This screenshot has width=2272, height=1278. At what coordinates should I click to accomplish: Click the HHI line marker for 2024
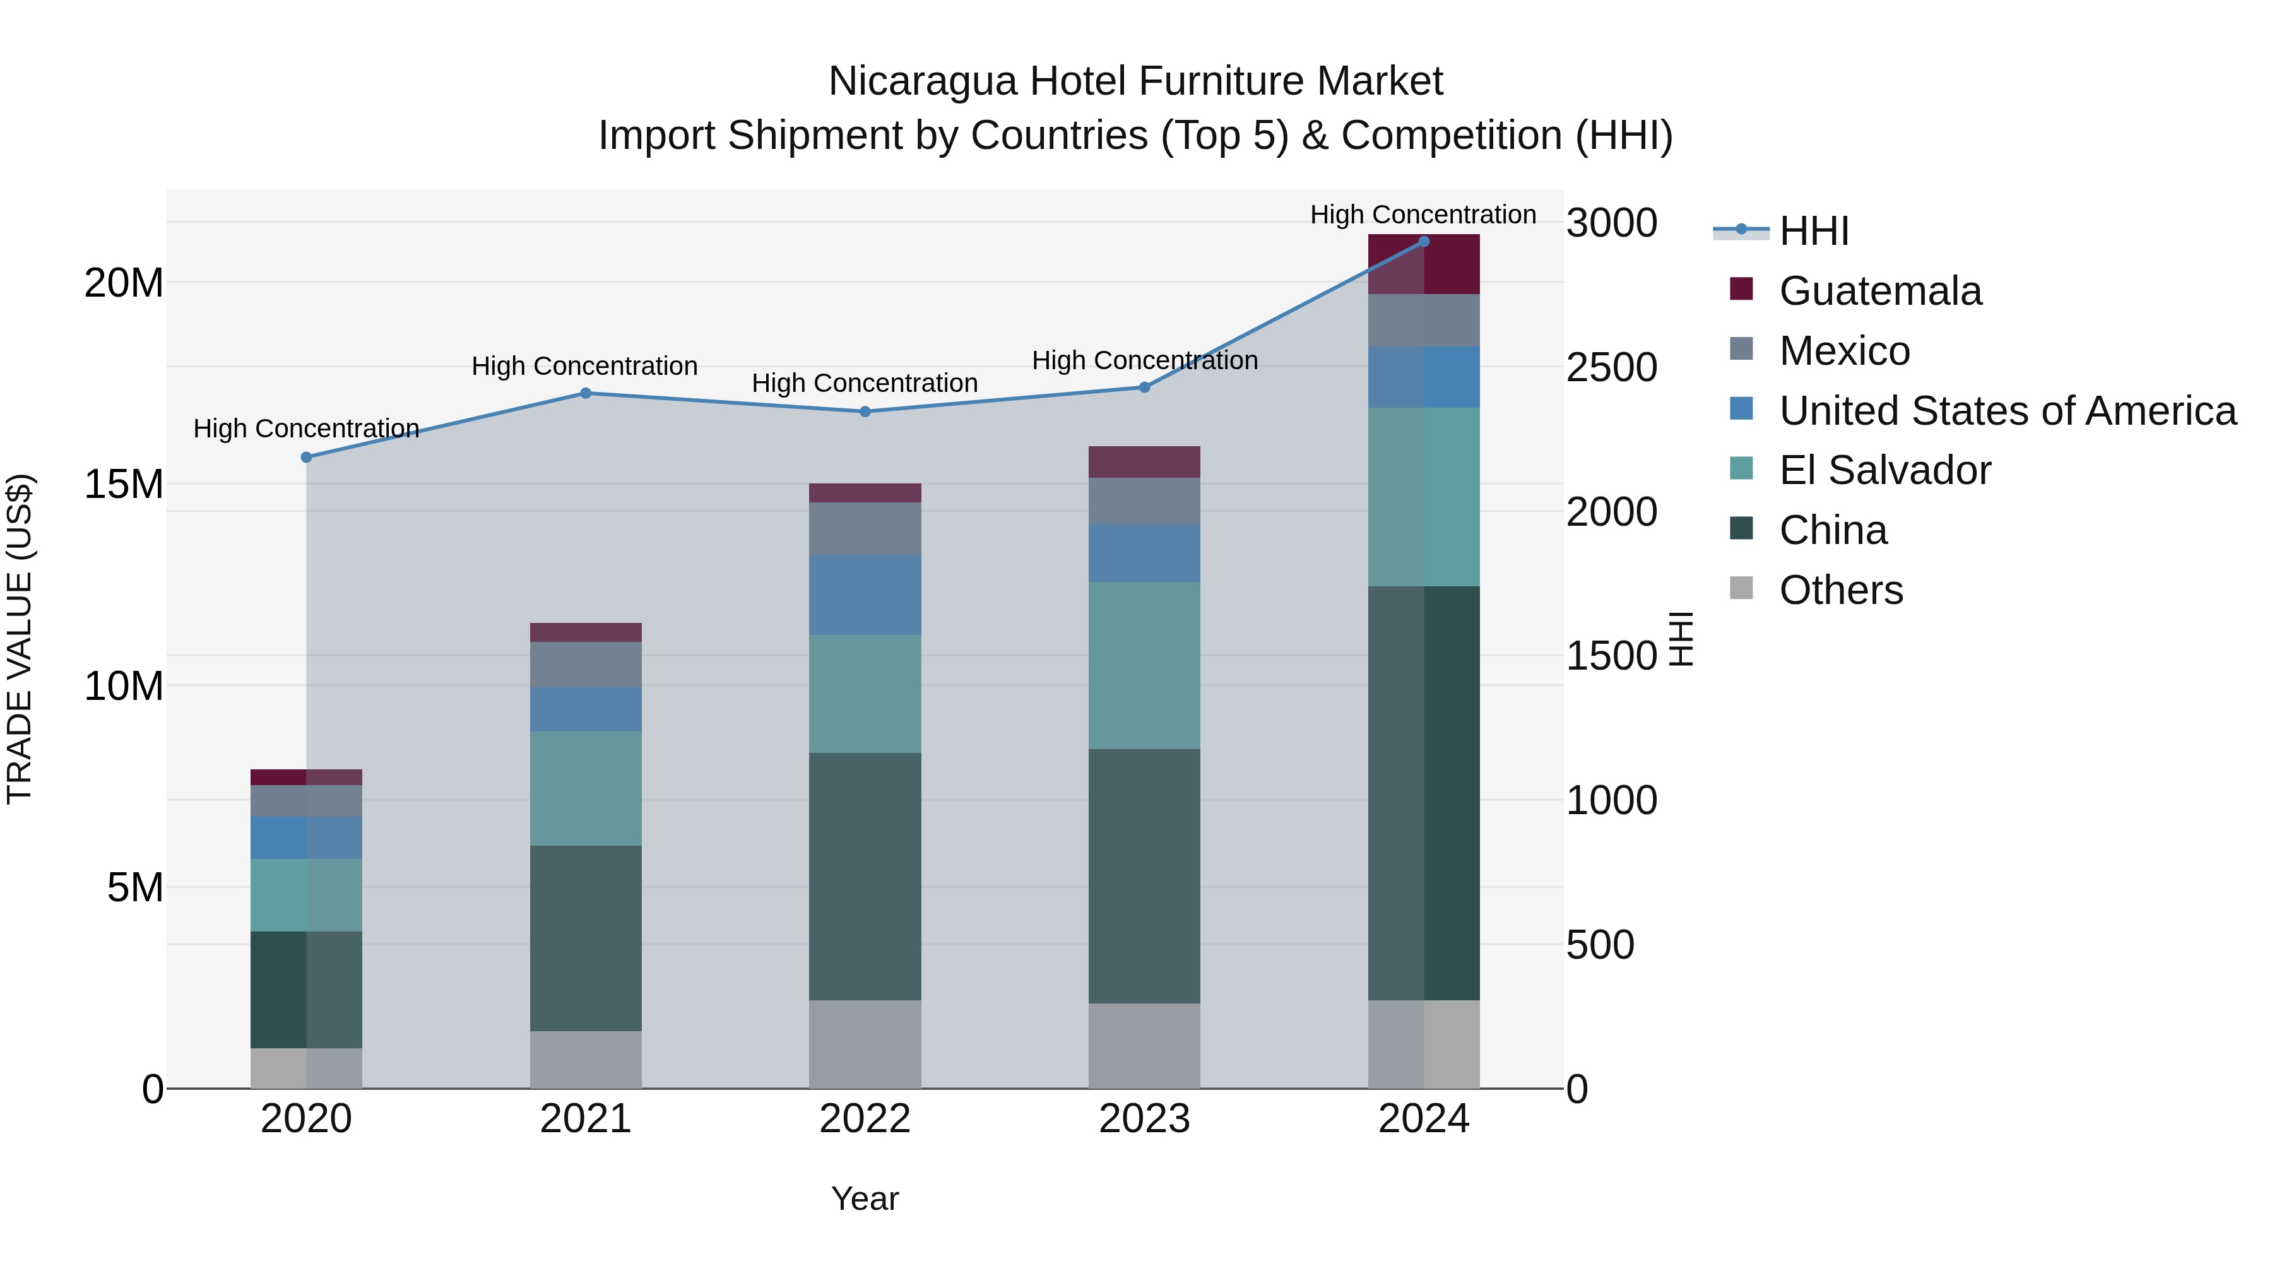coord(1424,242)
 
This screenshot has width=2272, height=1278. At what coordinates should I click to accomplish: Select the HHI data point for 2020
coord(306,457)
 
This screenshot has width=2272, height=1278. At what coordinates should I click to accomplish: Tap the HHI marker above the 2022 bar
coord(865,411)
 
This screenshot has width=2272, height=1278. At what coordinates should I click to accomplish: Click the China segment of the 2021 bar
coord(586,938)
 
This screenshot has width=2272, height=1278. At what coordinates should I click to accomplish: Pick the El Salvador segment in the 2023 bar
coord(1144,665)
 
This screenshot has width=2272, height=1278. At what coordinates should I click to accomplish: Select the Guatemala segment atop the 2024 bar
coord(1424,264)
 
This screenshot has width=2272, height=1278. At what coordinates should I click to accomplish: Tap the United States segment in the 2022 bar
coord(865,595)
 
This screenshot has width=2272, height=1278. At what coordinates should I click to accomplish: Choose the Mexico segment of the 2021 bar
coord(586,664)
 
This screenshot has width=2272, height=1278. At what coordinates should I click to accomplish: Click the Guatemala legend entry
coord(1879,291)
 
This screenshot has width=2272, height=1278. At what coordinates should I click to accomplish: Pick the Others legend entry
coord(1840,590)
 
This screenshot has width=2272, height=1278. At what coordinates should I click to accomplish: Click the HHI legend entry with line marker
coord(1813,231)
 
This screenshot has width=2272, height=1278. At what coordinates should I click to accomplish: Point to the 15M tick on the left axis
coord(124,484)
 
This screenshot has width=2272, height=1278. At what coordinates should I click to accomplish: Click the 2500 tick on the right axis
coord(1611,368)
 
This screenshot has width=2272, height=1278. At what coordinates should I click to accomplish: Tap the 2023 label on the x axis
coord(1144,1119)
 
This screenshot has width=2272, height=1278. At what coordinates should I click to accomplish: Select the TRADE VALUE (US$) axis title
coord(20,639)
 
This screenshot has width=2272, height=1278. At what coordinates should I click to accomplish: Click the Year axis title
coord(865,1198)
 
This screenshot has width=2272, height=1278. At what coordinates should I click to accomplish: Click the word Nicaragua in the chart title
coord(923,81)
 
